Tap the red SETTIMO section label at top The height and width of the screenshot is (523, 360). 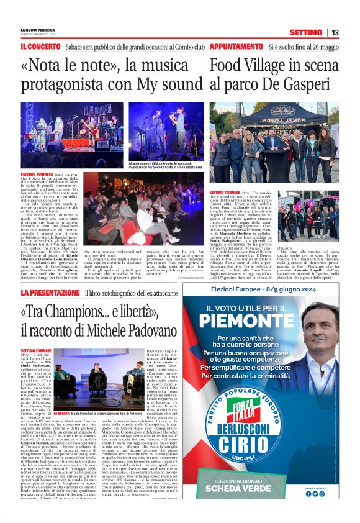click(305, 32)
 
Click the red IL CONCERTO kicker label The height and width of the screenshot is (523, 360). click(40, 47)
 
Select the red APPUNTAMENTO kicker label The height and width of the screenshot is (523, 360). click(236, 47)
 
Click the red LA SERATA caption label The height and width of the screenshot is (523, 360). click(61, 395)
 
